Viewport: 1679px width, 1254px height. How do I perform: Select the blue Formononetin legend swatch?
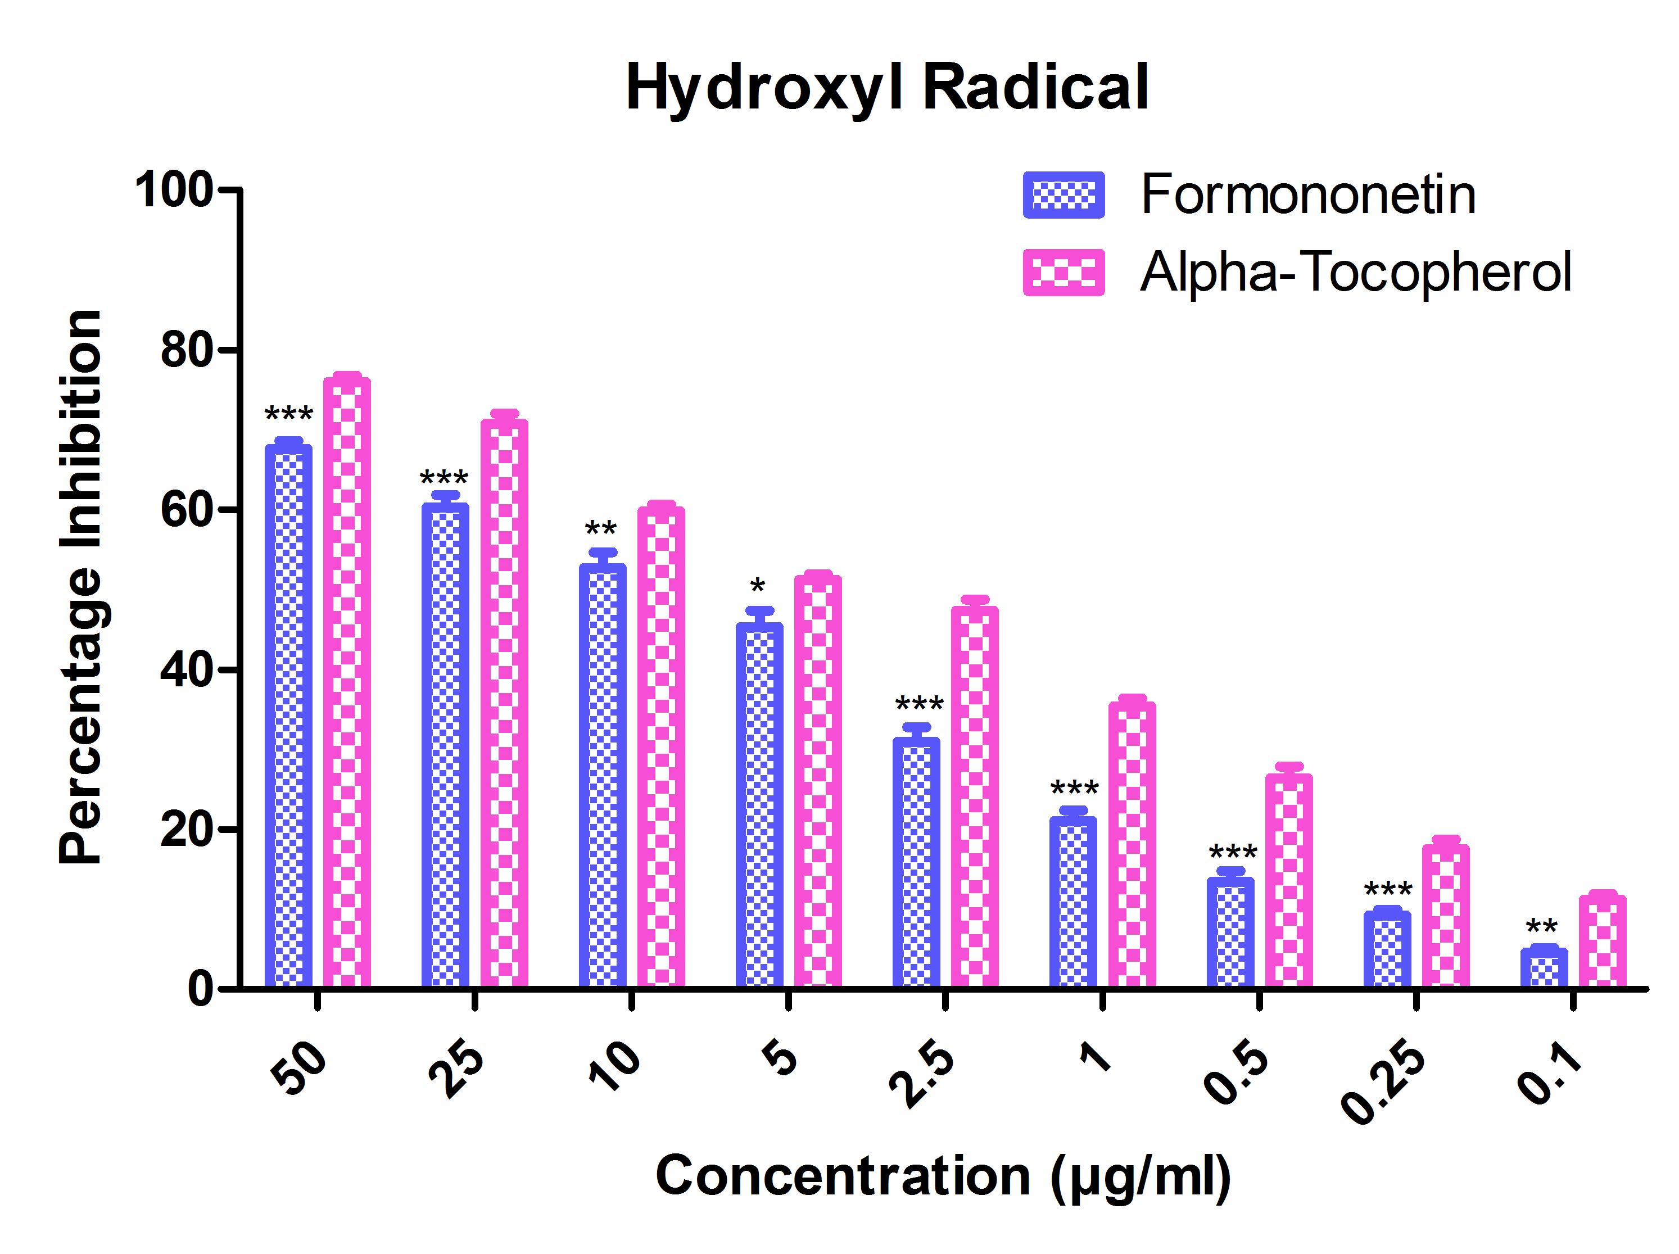tap(1063, 195)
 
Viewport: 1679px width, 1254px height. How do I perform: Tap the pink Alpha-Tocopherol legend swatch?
tap(1063, 271)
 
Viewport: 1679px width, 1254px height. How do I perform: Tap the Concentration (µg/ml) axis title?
tap(943, 1176)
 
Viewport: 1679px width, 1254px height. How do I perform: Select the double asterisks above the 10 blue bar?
tap(600, 529)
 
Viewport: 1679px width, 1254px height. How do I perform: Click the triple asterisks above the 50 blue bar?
tap(288, 414)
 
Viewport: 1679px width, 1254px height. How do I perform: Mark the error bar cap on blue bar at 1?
tap(1073, 811)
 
